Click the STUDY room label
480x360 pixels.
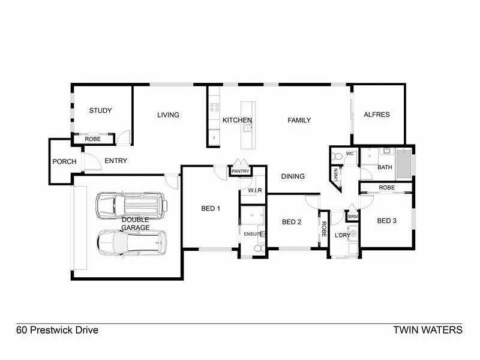pyautogui.click(x=101, y=110)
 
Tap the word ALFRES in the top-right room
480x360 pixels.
pyautogui.click(x=377, y=115)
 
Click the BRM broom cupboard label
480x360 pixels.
pyautogui.click(x=353, y=216)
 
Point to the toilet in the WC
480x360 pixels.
pyautogui.click(x=337, y=157)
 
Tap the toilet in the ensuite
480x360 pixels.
pyautogui.click(x=259, y=247)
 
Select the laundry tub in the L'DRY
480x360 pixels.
pyautogui.click(x=353, y=233)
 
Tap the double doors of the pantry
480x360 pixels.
pyautogui.click(x=240, y=163)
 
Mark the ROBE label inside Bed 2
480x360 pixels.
pyautogui.click(x=323, y=229)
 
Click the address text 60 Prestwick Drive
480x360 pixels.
pyautogui.click(x=57, y=330)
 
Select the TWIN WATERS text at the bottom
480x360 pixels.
pyautogui.click(x=427, y=330)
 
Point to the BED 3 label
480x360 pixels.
pyautogui.click(x=387, y=221)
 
